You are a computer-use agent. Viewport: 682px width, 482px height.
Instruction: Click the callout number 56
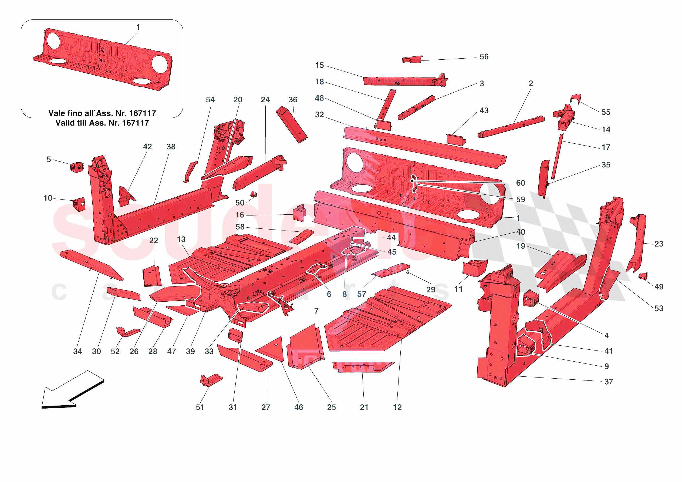point(484,57)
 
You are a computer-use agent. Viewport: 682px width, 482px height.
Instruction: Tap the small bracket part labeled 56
point(412,59)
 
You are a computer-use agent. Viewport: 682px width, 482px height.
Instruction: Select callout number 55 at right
point(606,112)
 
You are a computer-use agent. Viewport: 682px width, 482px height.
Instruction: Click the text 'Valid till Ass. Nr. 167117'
point(102,123)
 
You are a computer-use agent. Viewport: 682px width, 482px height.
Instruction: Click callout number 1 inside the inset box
point(138,27)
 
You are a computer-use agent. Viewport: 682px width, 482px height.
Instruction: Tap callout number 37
point(609,382)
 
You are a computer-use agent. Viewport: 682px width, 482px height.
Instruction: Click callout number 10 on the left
point(48,198)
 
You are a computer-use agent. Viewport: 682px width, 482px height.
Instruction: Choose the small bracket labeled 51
point(211,380)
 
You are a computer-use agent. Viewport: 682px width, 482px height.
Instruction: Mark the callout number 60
point(521,183)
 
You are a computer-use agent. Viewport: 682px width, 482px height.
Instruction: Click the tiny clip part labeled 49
point(643,276)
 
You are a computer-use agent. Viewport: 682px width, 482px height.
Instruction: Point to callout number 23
point(659,244)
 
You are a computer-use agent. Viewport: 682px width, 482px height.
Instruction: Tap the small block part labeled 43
point(456,140)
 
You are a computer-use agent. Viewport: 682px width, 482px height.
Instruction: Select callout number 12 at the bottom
point(397,407)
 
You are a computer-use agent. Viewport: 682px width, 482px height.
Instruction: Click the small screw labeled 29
point(408,272)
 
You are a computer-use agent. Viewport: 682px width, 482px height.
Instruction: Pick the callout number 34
point(77,351)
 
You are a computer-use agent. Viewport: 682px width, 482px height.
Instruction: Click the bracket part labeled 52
point(127,332)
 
